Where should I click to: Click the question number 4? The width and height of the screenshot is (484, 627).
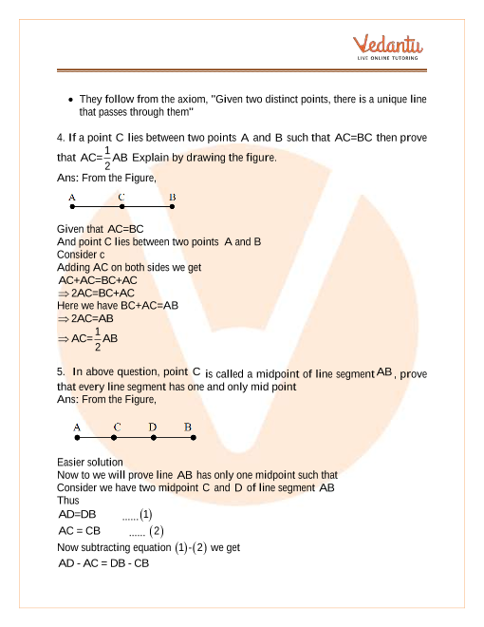tap(60, 137)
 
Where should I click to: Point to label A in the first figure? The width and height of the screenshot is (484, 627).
tap(72, 198)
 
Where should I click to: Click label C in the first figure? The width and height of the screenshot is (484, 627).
tap(121, 198)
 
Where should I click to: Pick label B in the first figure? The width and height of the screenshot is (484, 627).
tap(172, 198)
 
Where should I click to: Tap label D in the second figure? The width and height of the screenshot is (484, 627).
tap(152, 427)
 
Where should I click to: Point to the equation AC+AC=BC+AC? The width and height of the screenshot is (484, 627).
tap(98, 280)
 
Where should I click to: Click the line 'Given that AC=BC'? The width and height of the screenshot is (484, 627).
tap(100, 229)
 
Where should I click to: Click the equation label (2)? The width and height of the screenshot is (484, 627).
tap(157, 531)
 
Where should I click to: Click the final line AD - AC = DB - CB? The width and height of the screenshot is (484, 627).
tap(103, 563)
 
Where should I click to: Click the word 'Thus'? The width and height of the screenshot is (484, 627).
tap(68, 500)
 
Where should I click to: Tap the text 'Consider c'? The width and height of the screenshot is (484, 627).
tap(81, 255)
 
